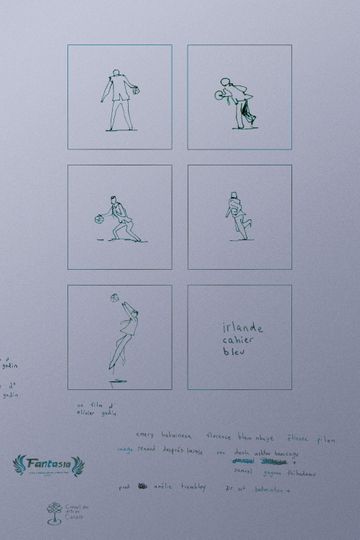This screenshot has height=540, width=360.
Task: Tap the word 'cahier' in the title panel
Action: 238,339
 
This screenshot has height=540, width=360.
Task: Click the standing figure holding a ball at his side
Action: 119,99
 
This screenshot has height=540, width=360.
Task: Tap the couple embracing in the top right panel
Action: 238,100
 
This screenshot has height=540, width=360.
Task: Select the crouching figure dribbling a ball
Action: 121,220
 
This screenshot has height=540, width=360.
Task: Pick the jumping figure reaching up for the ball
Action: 121,335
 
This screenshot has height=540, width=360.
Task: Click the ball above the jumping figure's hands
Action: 115,297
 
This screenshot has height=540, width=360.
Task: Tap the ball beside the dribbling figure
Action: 99,217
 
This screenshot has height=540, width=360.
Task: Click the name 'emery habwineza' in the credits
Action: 162,438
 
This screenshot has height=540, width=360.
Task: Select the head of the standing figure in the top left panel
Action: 117,72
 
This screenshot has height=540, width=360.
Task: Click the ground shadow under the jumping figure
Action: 118,380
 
